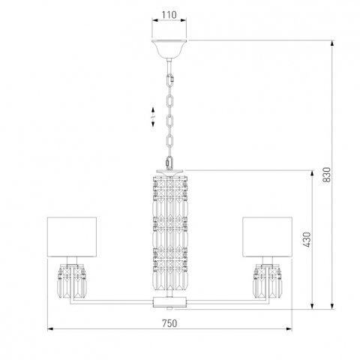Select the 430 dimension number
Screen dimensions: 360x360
[307, 239]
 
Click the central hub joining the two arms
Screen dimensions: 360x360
[168, 301]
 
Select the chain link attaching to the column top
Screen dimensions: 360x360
[168, 161]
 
